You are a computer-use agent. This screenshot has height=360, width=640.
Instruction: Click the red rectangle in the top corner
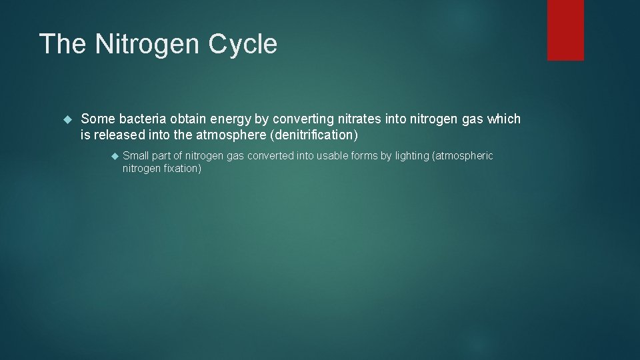[x=565, y=30]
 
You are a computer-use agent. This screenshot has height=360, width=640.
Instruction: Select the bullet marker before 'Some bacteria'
[x=66, y=119]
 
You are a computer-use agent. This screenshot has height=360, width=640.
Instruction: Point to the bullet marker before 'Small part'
[x=114, y=156]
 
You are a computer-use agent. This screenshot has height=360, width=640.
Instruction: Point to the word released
[x=117, y=135]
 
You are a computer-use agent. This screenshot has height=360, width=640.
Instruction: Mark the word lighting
[x=412, y=156]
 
